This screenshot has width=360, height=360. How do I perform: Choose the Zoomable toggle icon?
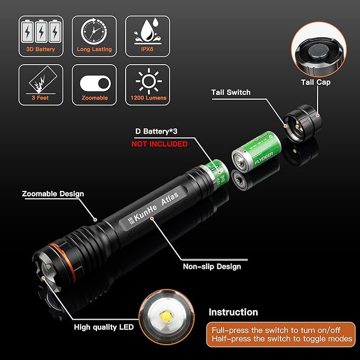pyautogui.click(x=95, y=82)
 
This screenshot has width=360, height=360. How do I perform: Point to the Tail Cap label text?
pyautogui.click(x=317, y=82)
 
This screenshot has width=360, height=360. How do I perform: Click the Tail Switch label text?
pyautogui.click(x=231, y=92)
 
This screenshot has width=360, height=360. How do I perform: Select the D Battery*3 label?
pyautogui.click(x=159, y=130)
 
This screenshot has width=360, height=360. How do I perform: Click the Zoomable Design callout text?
pyautogui.click(x=52, y=194)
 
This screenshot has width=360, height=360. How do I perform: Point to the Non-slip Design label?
pyautogui.click(x=212, y=267)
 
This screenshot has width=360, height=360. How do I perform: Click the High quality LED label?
pyautogui.click(x=103, y=327)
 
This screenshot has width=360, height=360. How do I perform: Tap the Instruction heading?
pyautogui.click(x=233, y=312)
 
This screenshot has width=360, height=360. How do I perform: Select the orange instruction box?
pyautogui.click(x=280, y=334)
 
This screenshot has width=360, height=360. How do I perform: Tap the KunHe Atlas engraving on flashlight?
pyautogui.click(x=150, y=208)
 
